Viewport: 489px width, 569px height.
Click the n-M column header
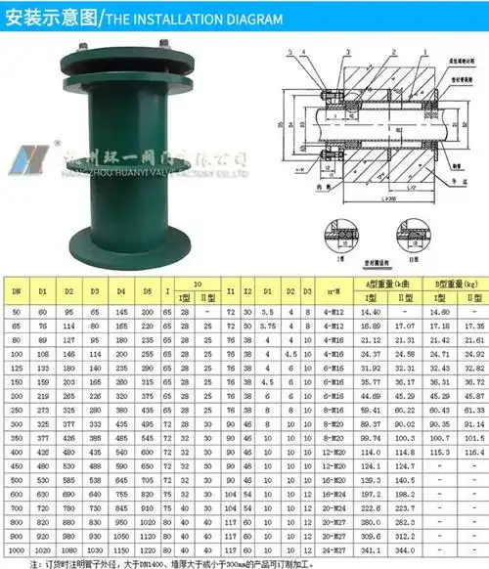pyautogui.click(x=333, y=290)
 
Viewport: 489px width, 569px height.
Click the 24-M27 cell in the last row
pyautogui.click(x=333, y=550)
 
